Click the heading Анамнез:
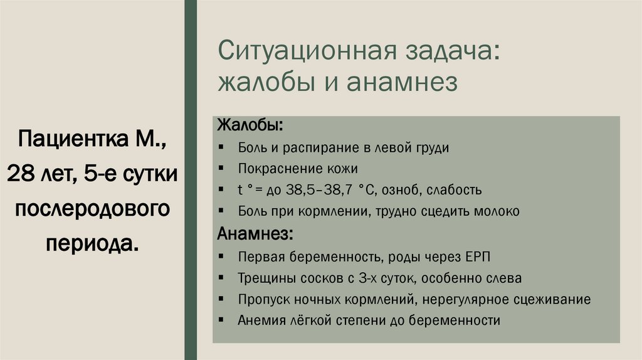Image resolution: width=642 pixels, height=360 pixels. tap(253, 234)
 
